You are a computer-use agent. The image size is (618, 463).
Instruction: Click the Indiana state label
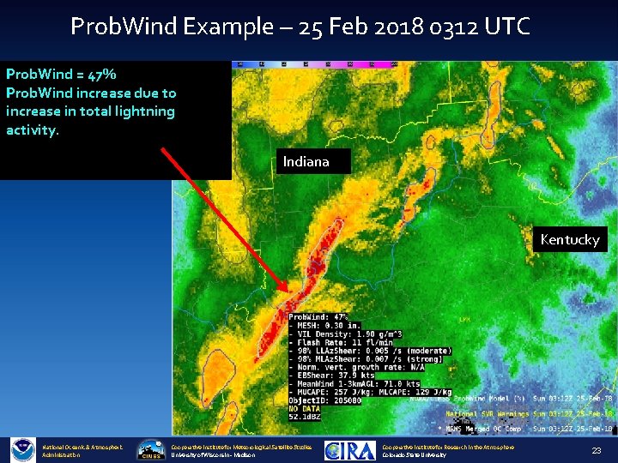click(306, 161)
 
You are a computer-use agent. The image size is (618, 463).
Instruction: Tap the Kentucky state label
click(570, 239)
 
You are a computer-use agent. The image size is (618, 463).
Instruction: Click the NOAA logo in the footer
click(22, 449)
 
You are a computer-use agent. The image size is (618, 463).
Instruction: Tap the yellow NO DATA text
click(305, 409)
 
